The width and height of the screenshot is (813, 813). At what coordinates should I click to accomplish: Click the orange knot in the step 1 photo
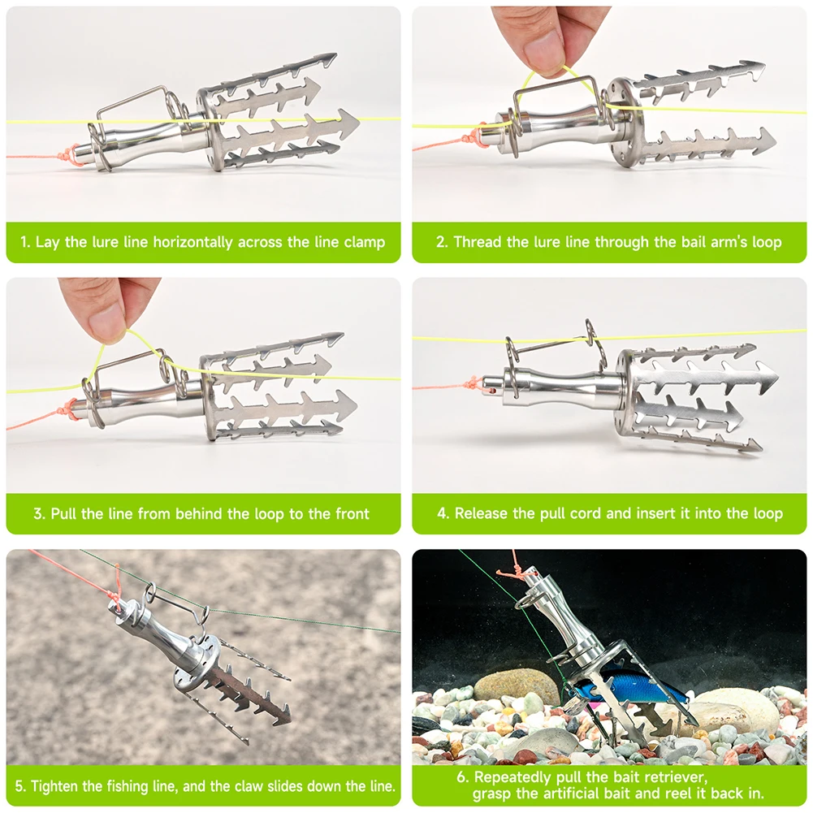[71, 154]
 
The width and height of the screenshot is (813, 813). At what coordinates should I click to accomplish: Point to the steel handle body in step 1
[154, 139]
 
